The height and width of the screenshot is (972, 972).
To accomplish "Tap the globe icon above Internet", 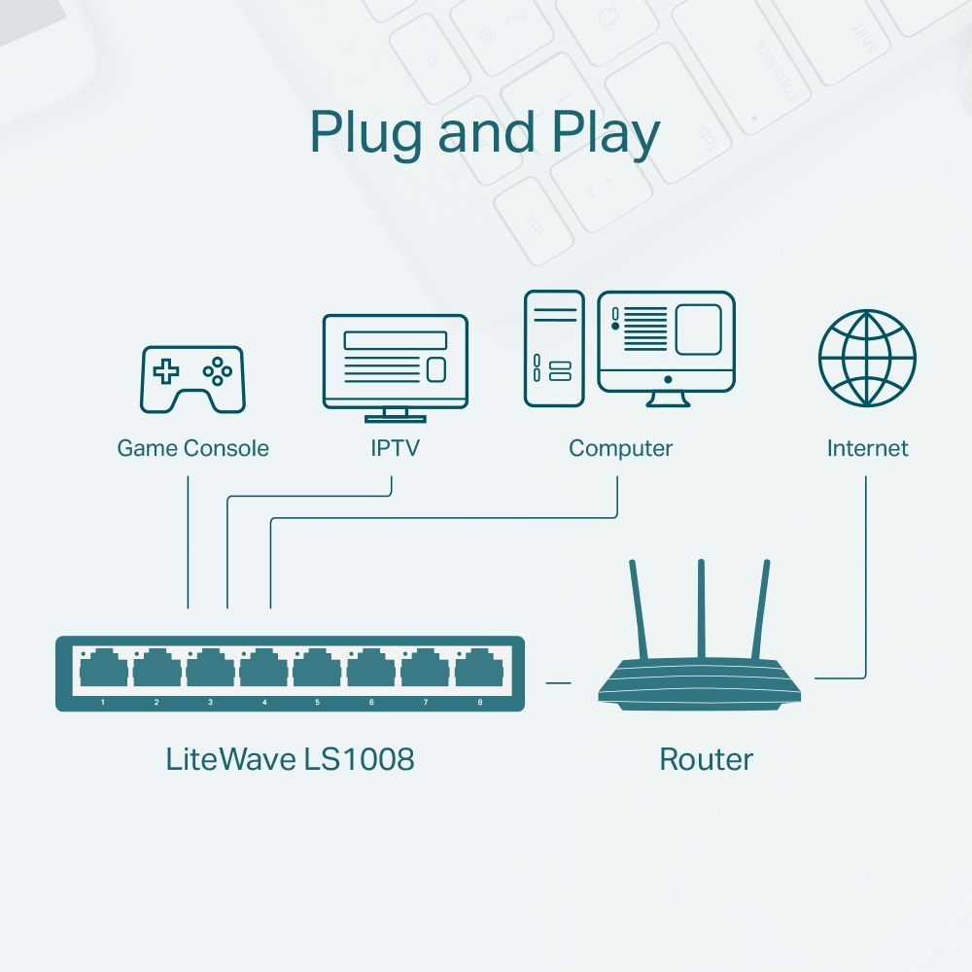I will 866,359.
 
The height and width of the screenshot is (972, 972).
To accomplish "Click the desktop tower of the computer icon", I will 554,348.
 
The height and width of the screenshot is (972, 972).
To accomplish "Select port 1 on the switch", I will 103,671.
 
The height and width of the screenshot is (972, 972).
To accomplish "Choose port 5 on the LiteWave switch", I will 318,671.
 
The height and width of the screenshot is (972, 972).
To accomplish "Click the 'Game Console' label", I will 192,448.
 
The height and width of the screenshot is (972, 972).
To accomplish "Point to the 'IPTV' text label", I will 395,448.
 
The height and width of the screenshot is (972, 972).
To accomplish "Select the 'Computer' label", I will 620,448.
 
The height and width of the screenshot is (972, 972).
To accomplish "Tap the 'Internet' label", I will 867,448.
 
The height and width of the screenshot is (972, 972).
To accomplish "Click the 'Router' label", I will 706,759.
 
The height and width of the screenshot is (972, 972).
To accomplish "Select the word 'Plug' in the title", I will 366,133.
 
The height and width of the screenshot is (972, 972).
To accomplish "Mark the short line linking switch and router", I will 558,682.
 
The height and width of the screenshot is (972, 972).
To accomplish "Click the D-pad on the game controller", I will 169,370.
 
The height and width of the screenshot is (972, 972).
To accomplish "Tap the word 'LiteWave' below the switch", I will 230,759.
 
